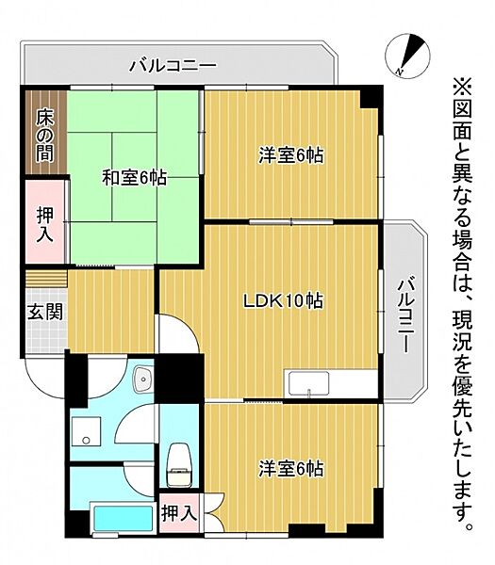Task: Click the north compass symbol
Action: click(x=407, y=56)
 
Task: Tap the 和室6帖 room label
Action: click(x=134, y=178)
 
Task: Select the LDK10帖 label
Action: click(x=283, y=301)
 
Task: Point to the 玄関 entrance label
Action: click(x=46, y=312)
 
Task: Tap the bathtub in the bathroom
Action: click(x=124, y=518)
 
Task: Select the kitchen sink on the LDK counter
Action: click(x=308, y=383)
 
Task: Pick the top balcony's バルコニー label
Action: click(x=173, y=66)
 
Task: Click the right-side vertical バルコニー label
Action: click(x=406, y=315)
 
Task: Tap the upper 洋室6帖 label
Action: click(x=290, y=155)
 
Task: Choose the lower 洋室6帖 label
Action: click(x=290, y=468)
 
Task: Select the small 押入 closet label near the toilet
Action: click(x=179, y=513)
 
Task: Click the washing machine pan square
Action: click(x=86, y=432)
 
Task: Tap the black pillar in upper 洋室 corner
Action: click(x=371, y=97)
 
